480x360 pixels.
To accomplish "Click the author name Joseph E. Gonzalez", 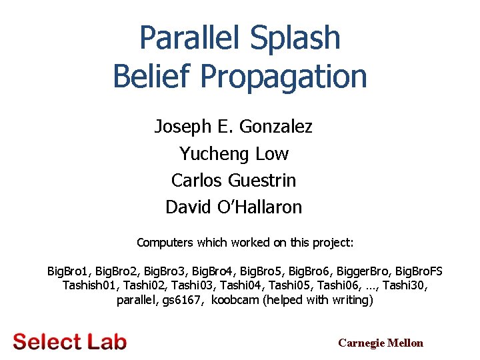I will pyautogui.click(x=233, y=126).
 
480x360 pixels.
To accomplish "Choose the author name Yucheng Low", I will pyautogui.click(x=233, y=153).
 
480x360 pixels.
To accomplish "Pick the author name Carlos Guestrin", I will pyautogui.click(x=233, y=180).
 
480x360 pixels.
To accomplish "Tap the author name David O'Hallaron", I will pyautogui.click(x=233, y=207).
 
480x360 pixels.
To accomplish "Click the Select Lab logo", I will pyautogui.click(x=69, y=341).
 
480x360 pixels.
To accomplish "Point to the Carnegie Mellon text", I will pyautogui.click(x=381, y=343).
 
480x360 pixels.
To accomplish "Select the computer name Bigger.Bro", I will pyautogui.click(x=365, y=271).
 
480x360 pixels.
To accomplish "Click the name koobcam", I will pyautogui.click(x=235, y=300).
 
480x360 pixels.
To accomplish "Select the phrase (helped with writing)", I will pyautogui.click(x=319, y=300).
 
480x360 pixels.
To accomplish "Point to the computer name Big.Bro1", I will pyautogui.click(x=68, y=271).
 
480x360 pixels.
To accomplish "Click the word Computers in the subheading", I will pyautogui.click(x=163, y=243).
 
